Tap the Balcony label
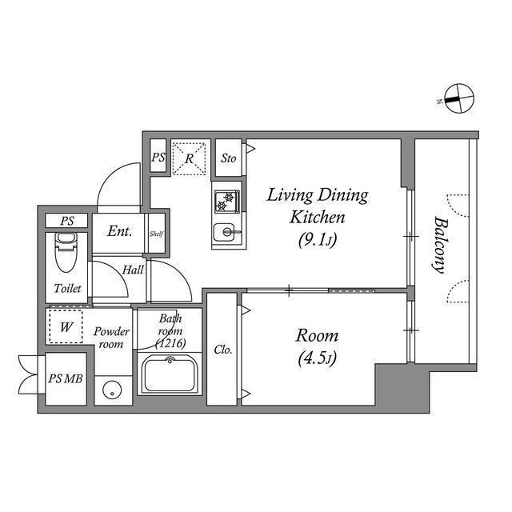(x=439, y=244)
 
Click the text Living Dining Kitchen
(x=317, y=206)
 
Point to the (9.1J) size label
(x=318, y=238)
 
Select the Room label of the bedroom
(x=318, y=335)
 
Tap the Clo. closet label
(x=223, y=350)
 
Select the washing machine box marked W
(x=66, y=326)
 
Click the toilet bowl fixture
(x=66, y=254)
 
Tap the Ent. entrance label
(x=119, y=233)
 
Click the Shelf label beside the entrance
(x=157, y=233)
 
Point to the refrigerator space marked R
(x=189, y=158)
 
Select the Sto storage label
(x=229, y=158)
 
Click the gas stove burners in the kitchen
(x=226, y=199)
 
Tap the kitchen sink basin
(x=226, y=233)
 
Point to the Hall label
(x=133, y=270)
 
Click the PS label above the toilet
(x=66, y=221)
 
